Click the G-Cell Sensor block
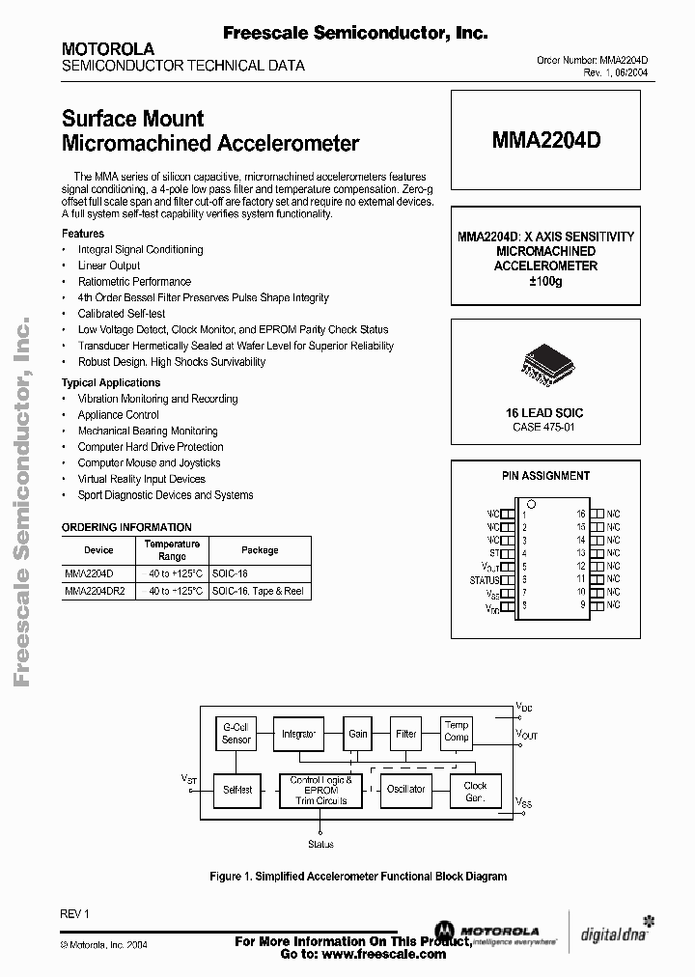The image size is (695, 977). point(236,734)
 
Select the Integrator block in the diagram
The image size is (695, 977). point(298,734)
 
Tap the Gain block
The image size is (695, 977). point(358,734)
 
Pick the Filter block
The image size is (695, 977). point(406,734)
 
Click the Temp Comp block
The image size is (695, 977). point(457,732)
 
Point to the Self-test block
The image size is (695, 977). point(236,790)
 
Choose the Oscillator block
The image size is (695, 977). point(405,790)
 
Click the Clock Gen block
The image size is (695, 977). point(476,792)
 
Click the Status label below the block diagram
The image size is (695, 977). point(320,844)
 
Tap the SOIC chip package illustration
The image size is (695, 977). point(545,364)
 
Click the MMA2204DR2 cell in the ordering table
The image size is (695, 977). point(96,590)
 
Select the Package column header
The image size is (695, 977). point(260,550)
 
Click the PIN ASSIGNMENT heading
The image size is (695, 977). point(545,476)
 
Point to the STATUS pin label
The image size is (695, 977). point(485,581)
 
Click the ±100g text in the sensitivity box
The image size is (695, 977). point(545,281)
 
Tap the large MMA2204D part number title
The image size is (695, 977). point(545,141)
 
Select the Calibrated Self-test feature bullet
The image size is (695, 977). point(122,314)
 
